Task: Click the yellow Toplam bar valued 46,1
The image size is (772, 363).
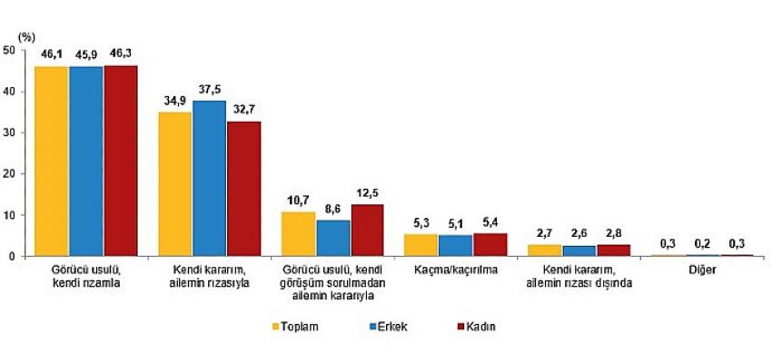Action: [x=51, y=161]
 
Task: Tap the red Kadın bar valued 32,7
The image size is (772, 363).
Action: [x=243, y=189]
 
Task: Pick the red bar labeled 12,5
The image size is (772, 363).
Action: [x=367, y=231]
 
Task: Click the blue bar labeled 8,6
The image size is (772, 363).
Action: [x=332, y=238]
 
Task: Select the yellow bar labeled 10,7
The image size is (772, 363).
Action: [x=298, y=234]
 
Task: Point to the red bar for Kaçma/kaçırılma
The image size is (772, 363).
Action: [x=490, y=245]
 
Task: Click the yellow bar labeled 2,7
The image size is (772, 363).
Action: [x=544, y=250]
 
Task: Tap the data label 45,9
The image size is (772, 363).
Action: [x=85, y=54]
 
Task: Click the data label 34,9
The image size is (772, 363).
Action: [x=174, y=101]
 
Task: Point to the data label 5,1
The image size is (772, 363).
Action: [x=455, y=223]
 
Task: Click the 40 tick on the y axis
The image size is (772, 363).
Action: [x=8, y=91]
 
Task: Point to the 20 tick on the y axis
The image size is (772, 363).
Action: [x=8, y=173]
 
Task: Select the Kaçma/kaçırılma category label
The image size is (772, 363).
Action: [x=455, y=270]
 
